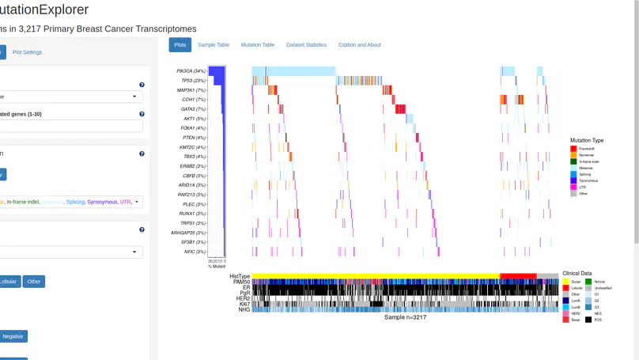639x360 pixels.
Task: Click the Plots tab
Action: coord(180,45)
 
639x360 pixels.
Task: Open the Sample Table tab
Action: coord(214,45)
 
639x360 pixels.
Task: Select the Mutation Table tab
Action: coord(258,45)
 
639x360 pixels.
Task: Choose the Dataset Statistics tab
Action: coord(306,45)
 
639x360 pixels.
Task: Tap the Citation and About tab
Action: coord(359,45)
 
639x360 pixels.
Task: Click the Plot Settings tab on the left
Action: coord(27,52)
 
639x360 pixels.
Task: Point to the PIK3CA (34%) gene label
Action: coord(191,71)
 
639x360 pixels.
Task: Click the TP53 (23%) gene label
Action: coord(193,81)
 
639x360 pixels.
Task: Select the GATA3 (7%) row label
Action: coord(193,109)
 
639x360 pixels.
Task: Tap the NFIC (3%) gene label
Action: coord(195,252)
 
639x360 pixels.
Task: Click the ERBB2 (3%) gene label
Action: coord(192,166)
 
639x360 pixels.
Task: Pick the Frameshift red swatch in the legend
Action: coord(573,149)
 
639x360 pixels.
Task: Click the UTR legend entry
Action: coord(583,187)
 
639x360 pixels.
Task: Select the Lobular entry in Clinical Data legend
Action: coord(576,288)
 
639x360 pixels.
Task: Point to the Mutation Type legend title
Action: coord(587,140)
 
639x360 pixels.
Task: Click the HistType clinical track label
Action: coord(240,276)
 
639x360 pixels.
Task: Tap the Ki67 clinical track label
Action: coord(244,304)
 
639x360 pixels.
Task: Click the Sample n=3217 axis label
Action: coord(405,317)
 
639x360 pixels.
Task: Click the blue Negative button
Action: coord(13,336)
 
